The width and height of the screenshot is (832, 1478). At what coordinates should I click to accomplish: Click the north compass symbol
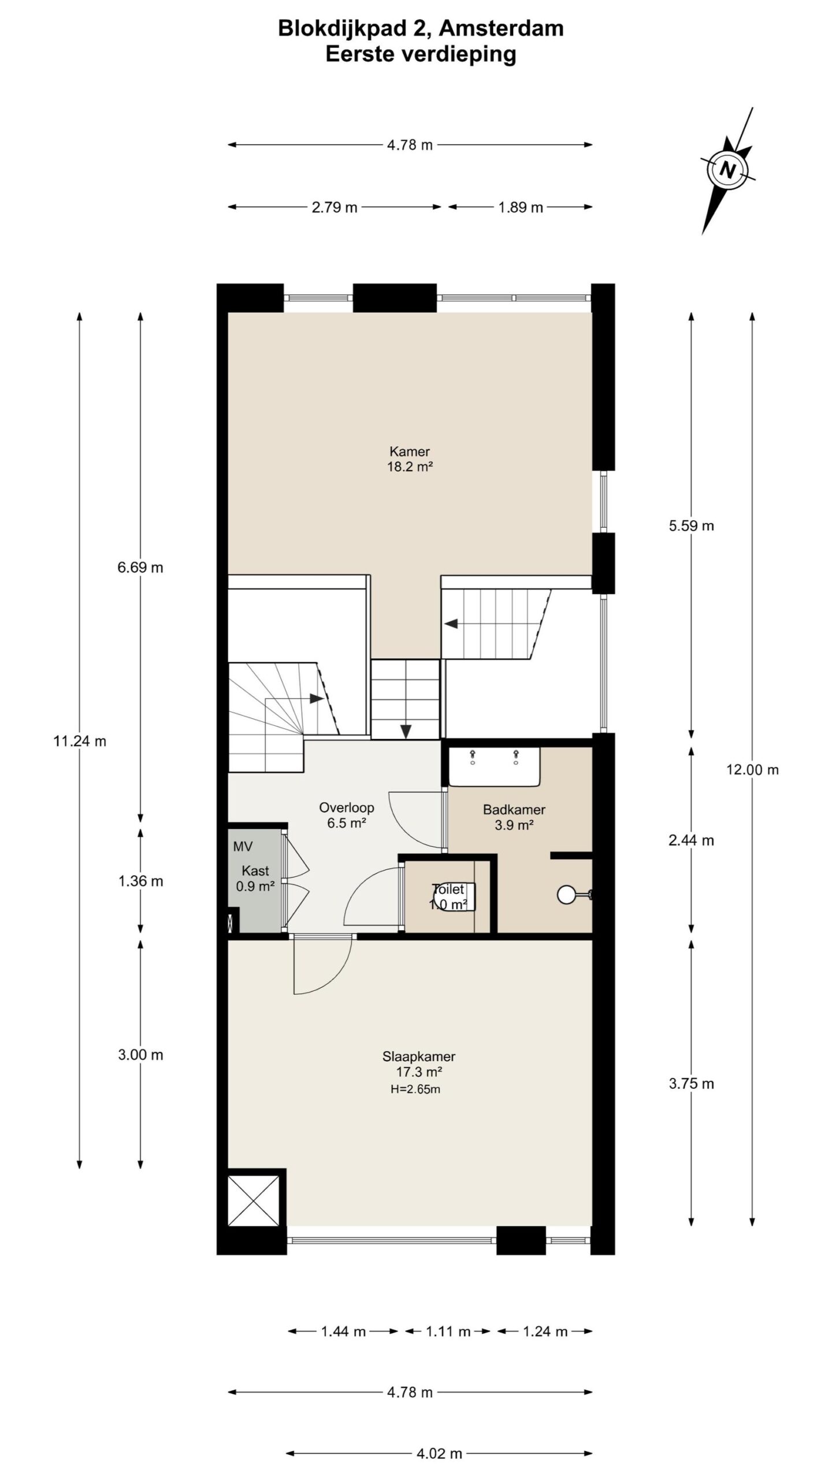coord(728,171)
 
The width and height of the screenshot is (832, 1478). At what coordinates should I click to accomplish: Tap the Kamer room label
coord(410,451)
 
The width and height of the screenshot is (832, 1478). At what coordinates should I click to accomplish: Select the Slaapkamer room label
coord(419,1057)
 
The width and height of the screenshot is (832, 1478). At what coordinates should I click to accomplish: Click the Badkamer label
coord(514,809)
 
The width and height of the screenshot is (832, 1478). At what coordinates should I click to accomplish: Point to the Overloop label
coord(347,808)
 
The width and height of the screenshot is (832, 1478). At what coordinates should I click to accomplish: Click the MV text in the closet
coord(243,847)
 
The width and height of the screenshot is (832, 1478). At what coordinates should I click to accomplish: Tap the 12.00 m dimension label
coord(753,770)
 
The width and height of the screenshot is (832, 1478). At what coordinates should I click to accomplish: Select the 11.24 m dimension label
coord(80,741)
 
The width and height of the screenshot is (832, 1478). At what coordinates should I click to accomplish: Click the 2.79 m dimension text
coord(335,207)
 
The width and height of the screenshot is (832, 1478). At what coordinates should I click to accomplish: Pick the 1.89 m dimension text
coord(521,207)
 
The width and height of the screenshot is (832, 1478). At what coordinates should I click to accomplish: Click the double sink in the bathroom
coord(495,766)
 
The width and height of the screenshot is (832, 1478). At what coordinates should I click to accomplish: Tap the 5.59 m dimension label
coord(692,526)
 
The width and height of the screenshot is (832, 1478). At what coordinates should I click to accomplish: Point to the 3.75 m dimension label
coord(692,1084)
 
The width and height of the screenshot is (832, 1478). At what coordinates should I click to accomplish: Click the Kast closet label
coord(255,871)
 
